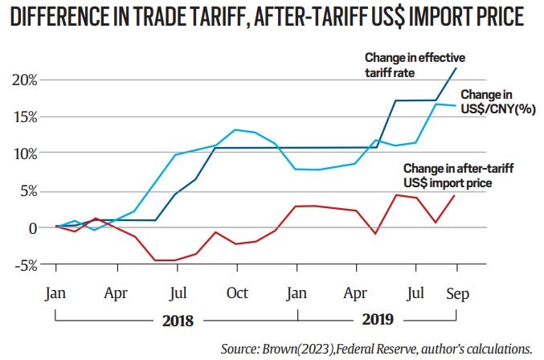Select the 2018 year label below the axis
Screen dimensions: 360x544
(178, 319)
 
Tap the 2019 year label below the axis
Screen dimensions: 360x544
(377, 319)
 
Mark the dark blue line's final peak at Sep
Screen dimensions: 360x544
(457, 67)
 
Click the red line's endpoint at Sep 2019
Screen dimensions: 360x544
(457, 195)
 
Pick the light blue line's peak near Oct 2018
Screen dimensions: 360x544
(235, 129)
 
